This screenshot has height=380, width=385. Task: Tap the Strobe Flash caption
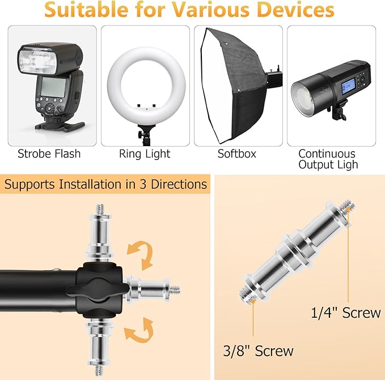point(49,154)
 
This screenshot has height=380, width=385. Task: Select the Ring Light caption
point(145,154)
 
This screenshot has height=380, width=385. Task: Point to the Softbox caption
point(237,154)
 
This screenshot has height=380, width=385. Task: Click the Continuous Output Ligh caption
point(328,159)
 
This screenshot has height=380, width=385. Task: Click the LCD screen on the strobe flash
point(53,87)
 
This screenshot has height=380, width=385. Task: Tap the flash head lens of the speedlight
point(38,61)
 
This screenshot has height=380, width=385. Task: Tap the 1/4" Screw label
point(346,313)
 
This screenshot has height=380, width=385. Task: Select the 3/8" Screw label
point(259,351)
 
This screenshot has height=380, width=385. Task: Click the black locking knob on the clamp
point(98,289)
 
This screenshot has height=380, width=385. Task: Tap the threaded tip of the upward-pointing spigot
point(100,209)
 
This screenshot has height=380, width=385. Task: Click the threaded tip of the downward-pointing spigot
point(99,370)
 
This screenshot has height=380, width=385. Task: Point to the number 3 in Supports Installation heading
point(143,185)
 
